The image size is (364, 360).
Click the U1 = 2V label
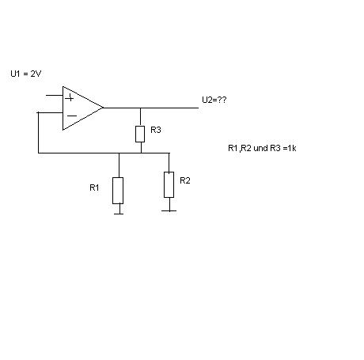(26, 74)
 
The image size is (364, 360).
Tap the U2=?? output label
(214, 100)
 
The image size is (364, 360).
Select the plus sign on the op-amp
(70, 98)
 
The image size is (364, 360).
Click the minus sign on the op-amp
(72, 116)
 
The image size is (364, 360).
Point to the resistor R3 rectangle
(140, 134)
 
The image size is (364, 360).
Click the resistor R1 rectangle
(118, 191)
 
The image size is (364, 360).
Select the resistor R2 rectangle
(169, 184)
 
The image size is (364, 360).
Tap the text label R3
(156, 130)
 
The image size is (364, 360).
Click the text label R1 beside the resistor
(94, 188)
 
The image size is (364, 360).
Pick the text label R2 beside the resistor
(185, 180)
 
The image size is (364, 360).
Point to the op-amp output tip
(103, 108)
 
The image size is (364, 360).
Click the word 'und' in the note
(260, 148)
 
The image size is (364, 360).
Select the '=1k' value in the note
(290, 148)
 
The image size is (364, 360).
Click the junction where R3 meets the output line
(140, 108)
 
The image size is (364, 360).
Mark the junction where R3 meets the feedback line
(141, 153)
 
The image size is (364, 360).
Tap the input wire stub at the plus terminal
(55, 95)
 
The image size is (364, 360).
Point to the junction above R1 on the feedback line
(119, 153)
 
